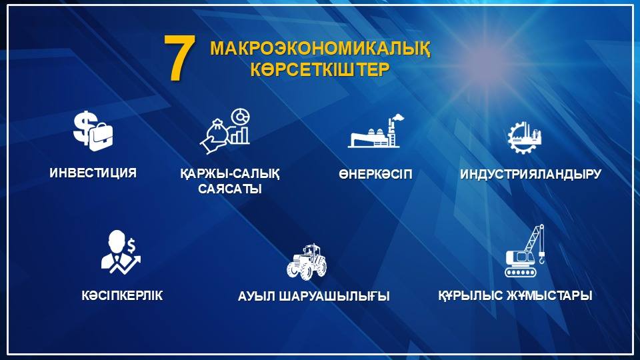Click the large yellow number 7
[179, 57]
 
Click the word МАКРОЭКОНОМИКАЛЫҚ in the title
[320, 49]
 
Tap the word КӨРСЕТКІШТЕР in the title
[320, 69]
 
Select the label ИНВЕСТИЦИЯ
[93, 173]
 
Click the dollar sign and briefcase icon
[93, 131]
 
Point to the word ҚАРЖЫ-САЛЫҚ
[230, 174]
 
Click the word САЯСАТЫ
[230, 189]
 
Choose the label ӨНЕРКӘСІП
[375, 174]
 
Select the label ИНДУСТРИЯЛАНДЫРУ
[531, 174]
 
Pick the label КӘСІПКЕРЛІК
[122, 295]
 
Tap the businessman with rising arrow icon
[121, 252]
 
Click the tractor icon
[307, 262]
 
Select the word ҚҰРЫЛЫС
[470, 295]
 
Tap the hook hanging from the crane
[541, 258]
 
